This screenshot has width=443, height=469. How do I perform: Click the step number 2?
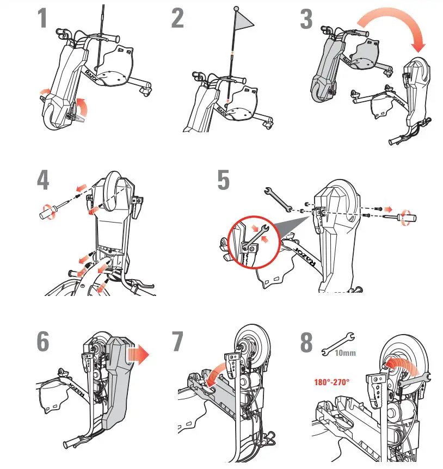pyautogui.click(x=177, y=19)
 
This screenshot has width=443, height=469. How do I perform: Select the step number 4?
pyautogui.click(x=44, y=182)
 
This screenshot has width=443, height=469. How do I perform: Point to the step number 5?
pyautogui.click(x=223, y=182)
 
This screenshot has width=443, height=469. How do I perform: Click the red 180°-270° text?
pyautogui.click(x=331, y=382)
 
